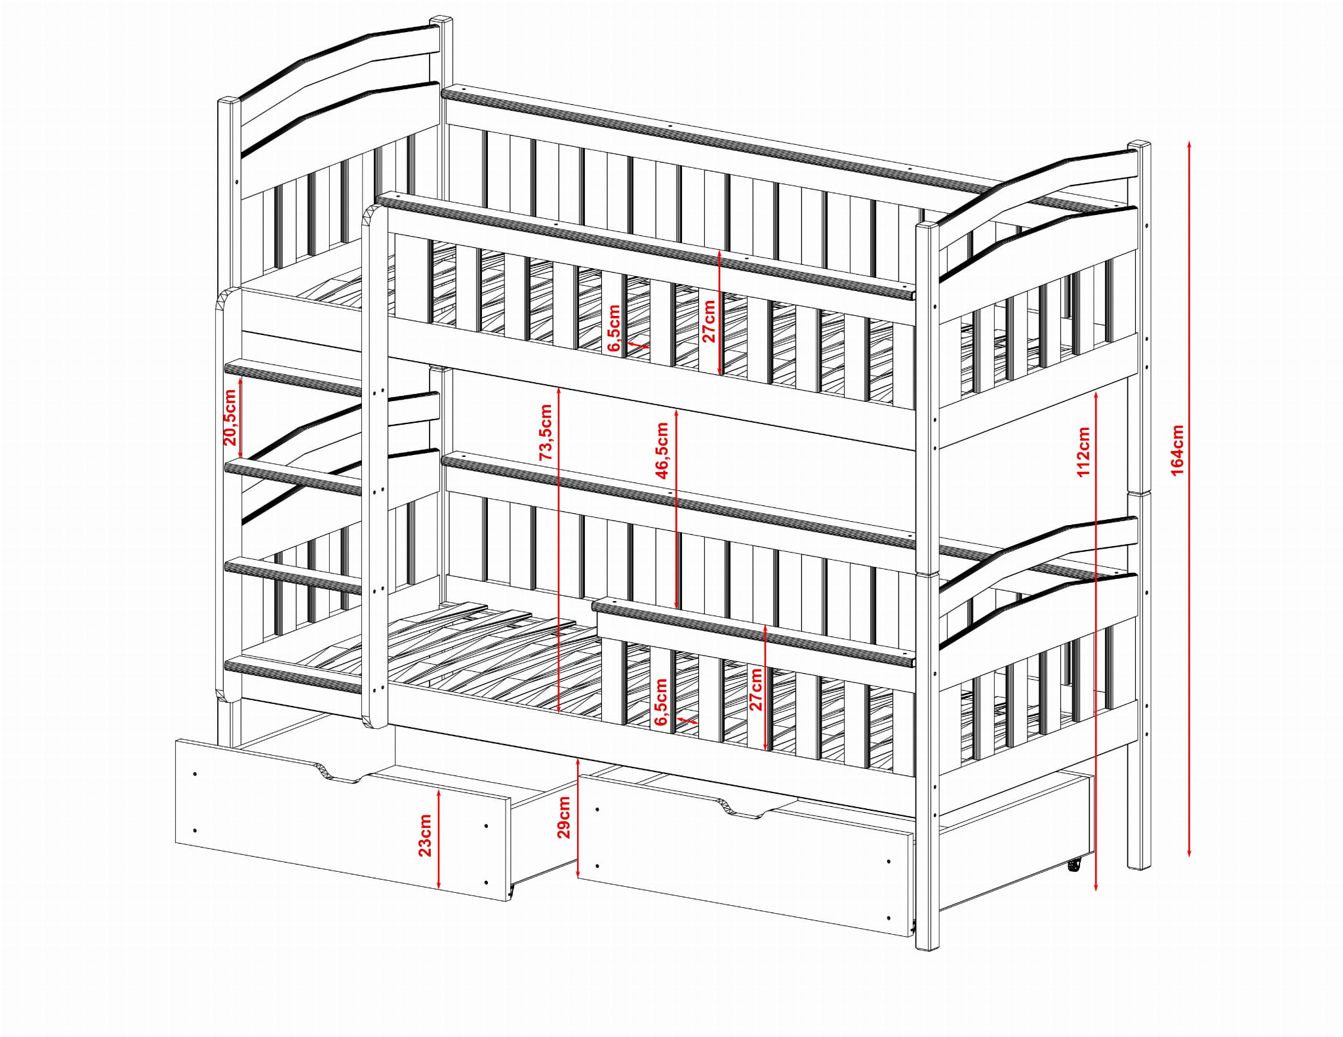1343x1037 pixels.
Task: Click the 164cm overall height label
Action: pos(1177,450)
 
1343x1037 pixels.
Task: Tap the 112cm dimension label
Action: pos(1083,452)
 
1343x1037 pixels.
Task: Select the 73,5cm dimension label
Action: pos(546,432)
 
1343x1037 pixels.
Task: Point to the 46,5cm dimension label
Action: pos(662,450)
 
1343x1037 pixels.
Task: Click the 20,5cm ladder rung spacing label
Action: pos(230,418)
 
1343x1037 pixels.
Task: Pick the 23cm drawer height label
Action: pos(425,835)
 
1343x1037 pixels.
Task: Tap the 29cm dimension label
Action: pos(563,817)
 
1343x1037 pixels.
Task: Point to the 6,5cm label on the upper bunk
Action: pos(614,328)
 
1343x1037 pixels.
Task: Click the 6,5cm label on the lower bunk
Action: pos(661,702)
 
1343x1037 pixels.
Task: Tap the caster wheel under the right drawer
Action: pos(1073,866)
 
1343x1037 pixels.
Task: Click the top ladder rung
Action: pos(293,377)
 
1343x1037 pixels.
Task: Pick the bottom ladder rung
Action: pos(293,676)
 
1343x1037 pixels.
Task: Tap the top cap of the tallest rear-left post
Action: pos(441,20)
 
